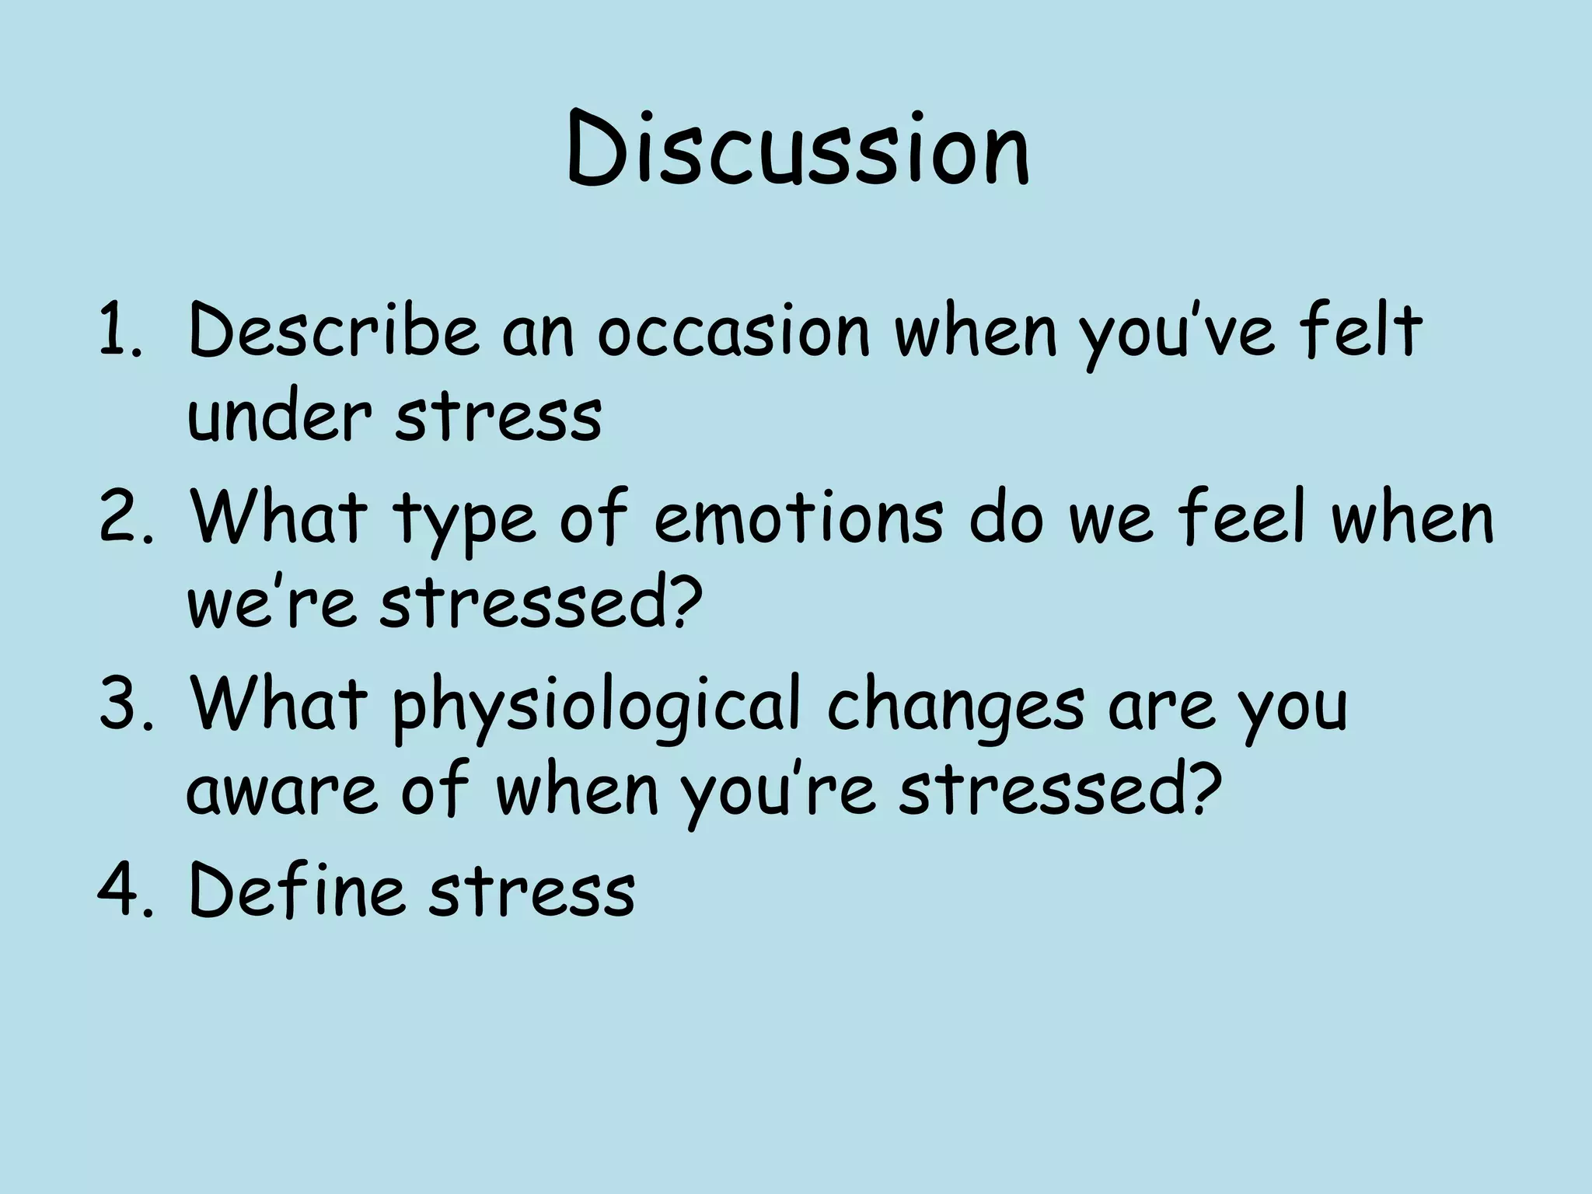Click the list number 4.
click(x=119, y=890)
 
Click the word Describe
click(x=333, y=333)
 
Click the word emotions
click(x=798, y=519)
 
